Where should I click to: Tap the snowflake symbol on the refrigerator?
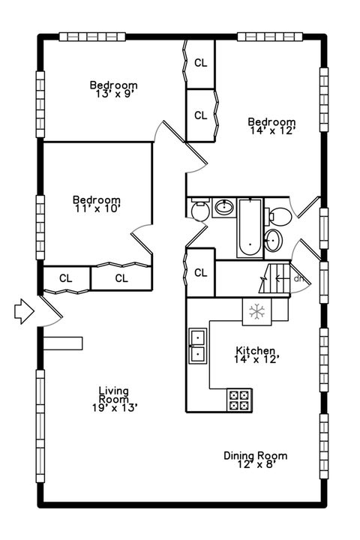pos(257,311)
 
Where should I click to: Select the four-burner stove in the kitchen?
pos(239,400)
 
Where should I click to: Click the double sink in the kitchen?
pos(198,346)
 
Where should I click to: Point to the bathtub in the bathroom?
pos(250,227)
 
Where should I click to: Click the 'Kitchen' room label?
pos(255,350)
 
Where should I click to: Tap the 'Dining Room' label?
pos(255,456)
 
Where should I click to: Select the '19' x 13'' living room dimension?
pos(115,408)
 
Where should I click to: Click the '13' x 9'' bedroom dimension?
pos(114,94)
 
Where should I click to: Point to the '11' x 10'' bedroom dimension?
pos(97,208)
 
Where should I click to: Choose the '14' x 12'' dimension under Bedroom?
pos(272,130)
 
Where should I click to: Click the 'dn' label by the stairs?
pos(298,278)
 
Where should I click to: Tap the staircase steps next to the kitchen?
pos(274,278)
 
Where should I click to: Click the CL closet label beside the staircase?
pos(201,273)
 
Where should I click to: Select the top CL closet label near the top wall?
pos(201,63)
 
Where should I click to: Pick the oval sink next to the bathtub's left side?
pos(224,207)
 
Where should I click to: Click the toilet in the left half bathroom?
pos(199,209)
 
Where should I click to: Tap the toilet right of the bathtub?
pos(278,216)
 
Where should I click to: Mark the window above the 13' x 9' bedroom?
pos(92,37)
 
